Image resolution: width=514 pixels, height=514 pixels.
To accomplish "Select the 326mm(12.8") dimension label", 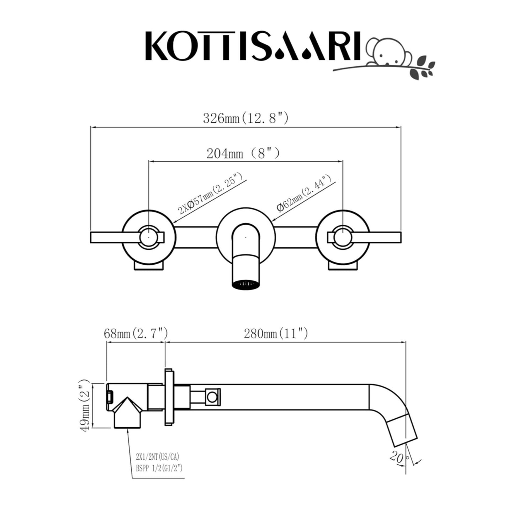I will (245, 118).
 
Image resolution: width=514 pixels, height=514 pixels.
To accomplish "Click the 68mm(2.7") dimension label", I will (136, 334).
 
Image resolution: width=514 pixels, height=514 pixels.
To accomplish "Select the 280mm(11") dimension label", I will (276, 334).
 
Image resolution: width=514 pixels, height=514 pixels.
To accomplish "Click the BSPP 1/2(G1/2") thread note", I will (159, 468).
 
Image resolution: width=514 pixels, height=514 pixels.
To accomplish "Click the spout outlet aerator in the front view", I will (246, 284).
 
